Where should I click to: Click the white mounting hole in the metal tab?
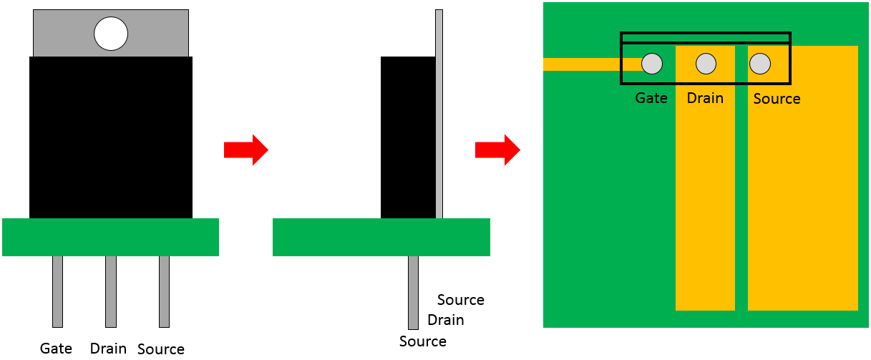pos(111,34)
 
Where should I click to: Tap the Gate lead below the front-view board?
pos(57,291)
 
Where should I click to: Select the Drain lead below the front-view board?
pos(111,291)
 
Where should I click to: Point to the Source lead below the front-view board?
pos(164,291)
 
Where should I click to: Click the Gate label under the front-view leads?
pos(56,349)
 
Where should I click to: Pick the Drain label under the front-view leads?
pos(108,349)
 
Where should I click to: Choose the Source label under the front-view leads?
pos(161,349)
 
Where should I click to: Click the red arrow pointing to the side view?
pos(245,150)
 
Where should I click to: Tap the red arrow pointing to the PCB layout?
pos(497,150)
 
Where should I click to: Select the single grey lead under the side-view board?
pos(414,293)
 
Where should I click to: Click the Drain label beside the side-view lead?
pos(446,320)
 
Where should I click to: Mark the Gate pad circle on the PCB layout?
pos(652,64)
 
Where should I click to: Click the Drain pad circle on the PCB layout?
pos(706,64)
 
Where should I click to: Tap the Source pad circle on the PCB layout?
pos(760,64)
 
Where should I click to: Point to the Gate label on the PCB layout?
pos(651,98)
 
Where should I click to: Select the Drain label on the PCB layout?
pos(705,98)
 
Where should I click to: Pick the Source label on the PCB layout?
pos(777,99)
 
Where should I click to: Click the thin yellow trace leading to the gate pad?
pos(592,64)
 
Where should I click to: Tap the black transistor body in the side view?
pos(408,137)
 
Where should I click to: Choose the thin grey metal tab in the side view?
pos(439,114)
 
